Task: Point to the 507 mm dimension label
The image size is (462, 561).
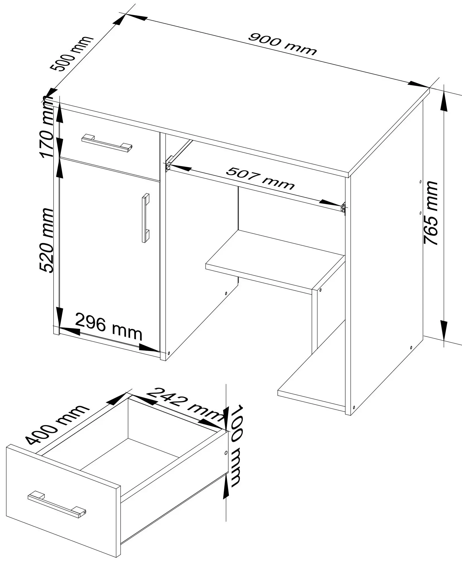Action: click(x=260, y=178)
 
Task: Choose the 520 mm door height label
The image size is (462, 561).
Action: click(x=46, y=240)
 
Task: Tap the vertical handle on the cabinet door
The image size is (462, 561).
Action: click(x=145, y=218)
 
